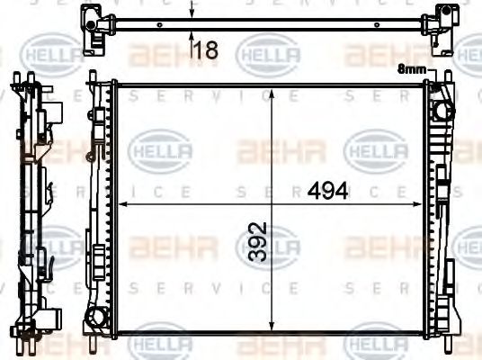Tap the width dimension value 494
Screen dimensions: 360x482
pyautogui.click(x=327, y=192)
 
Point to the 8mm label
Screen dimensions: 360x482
pyautogui.click(x=412, y=67)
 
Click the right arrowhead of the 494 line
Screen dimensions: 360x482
pyautogui.click(x=422, y=205)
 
